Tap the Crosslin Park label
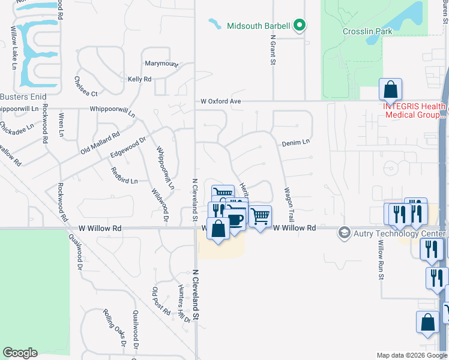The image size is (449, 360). coord(367,31)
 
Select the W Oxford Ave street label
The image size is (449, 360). coord(220,101)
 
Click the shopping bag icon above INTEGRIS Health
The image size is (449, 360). coord(390,90)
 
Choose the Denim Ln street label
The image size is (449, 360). coord(296,142)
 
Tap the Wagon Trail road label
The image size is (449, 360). coord(289,204)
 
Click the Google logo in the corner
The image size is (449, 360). coord(20,353)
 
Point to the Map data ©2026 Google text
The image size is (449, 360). coord(412,355)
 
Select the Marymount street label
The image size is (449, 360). coord(161,64)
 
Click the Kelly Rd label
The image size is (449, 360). coord(139,79)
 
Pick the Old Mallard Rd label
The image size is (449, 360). coord(100,143)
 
